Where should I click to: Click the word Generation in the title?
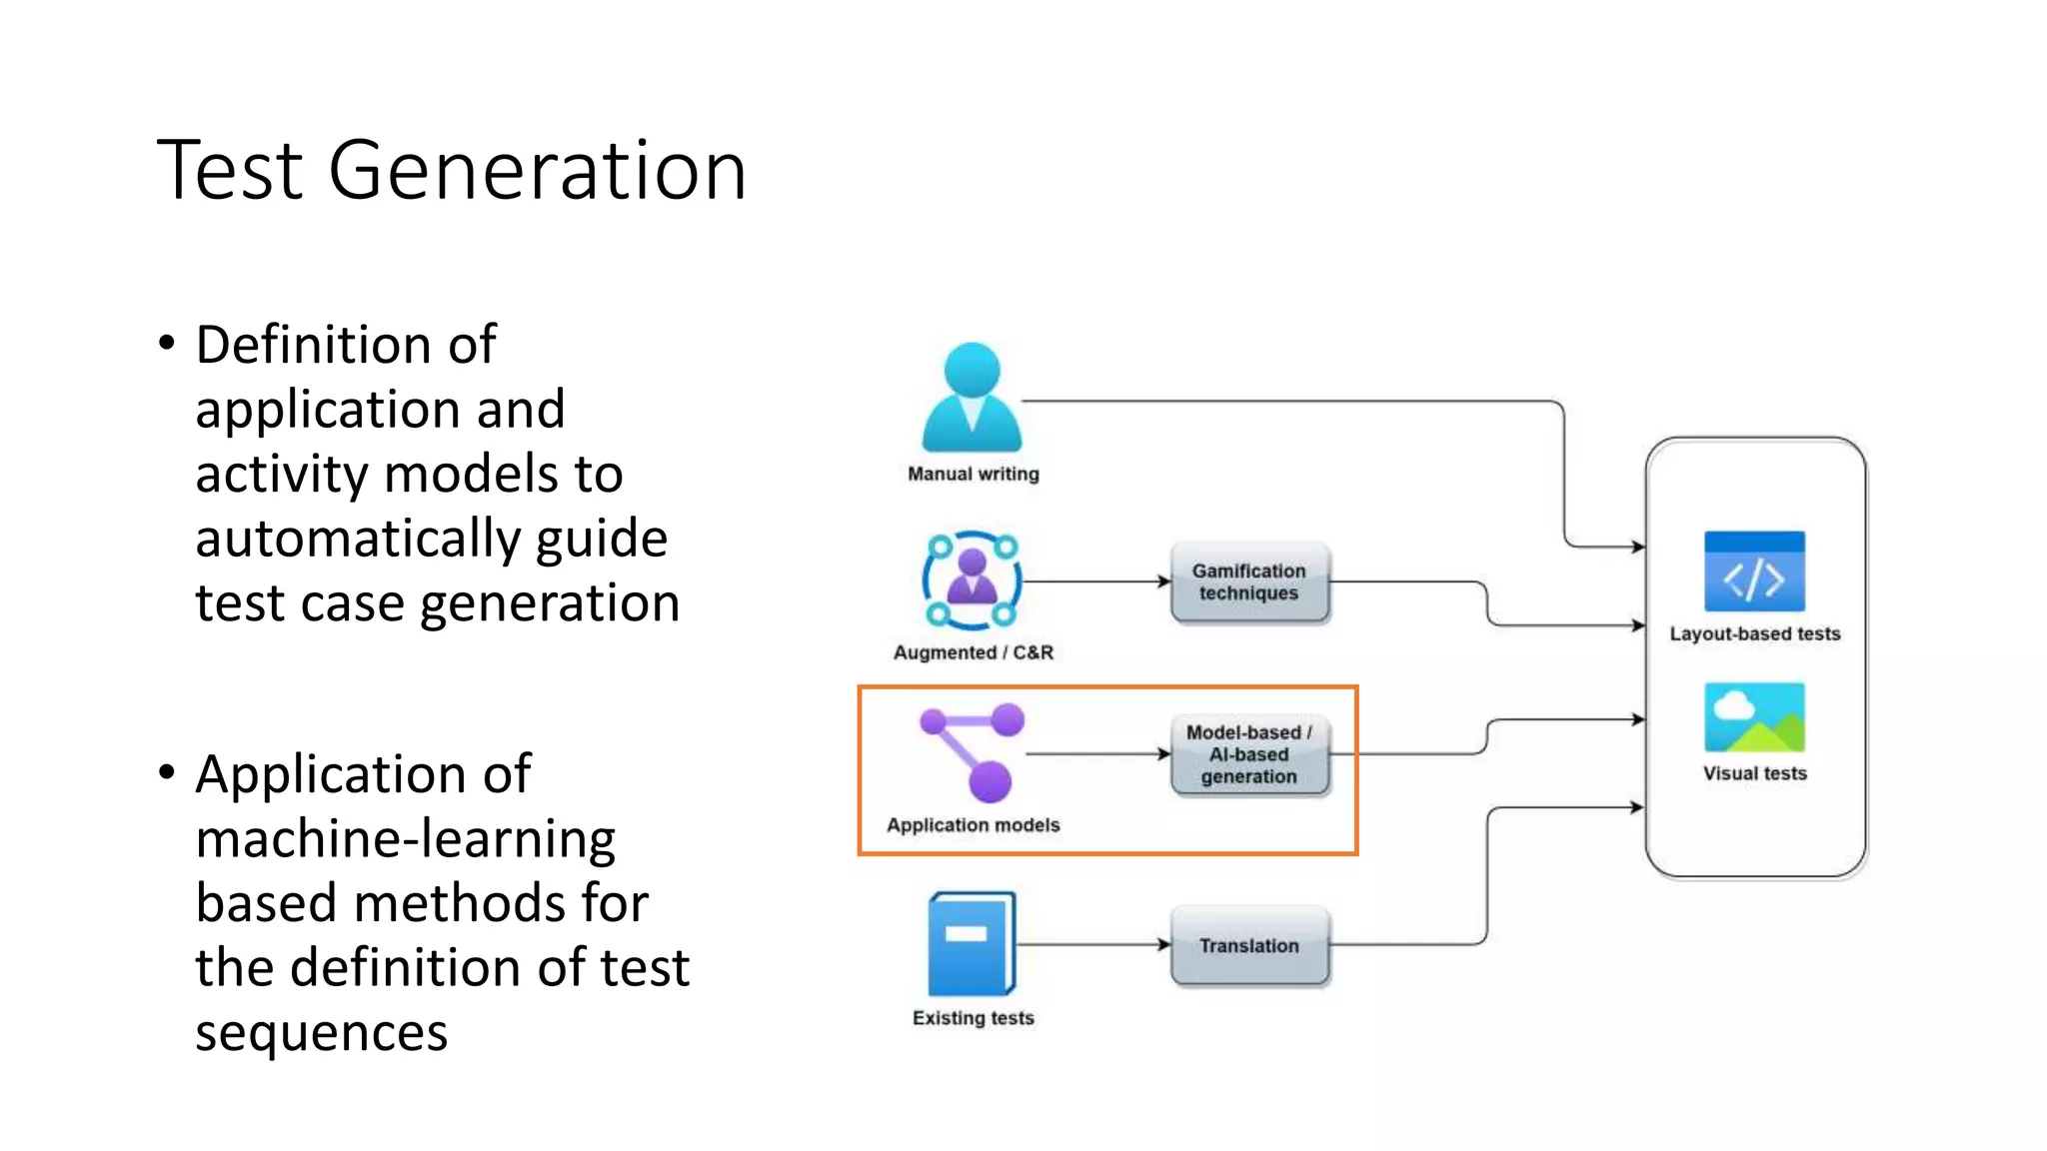pos(537,170)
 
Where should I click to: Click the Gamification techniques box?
pos(1249,582)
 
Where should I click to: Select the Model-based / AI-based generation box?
pos(1249,754)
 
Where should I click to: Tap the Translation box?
pos(1249,945)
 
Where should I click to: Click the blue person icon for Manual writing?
pos(972,398)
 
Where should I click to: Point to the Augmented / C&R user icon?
pos(972,580)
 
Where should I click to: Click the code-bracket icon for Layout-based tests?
pos(1754,572)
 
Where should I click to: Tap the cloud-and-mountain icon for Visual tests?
pos(1754,717)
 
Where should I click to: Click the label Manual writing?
pos(973,474)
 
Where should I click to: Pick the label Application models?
pos(973,825)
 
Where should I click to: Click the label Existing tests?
pos(973,1018)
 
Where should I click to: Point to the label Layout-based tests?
pos(1754,633)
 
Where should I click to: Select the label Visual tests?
pos(1754,773)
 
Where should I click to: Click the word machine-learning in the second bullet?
pos(405,839)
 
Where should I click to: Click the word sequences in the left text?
pos(321,1033)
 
